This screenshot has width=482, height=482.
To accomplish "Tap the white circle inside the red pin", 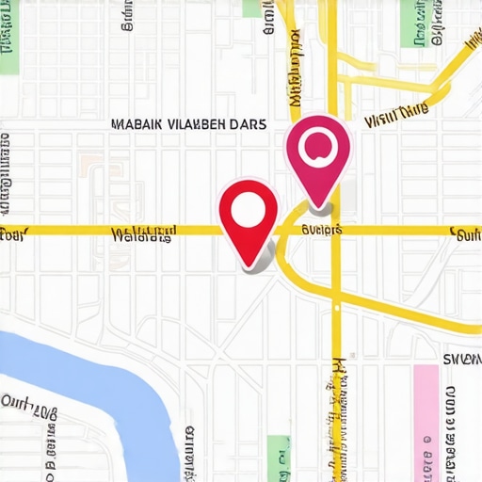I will pos(249,209).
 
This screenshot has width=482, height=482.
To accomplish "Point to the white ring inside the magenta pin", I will pos(318,144).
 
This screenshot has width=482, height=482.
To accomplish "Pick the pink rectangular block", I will pos(426,414).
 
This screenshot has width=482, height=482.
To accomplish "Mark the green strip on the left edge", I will pos(8,38).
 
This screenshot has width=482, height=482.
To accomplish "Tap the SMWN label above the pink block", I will pos(460,359).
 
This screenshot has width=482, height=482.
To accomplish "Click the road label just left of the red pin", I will pos(143,233).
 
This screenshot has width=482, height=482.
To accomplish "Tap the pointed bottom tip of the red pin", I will pos(249,265).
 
